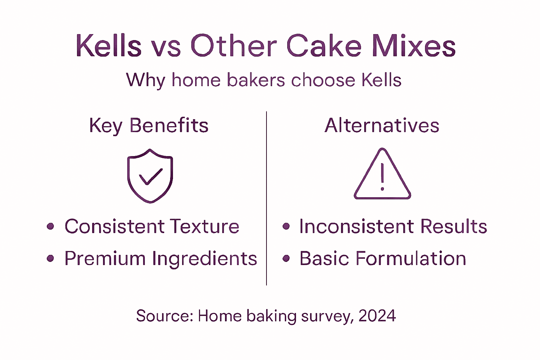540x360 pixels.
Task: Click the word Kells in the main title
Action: click(109, 46)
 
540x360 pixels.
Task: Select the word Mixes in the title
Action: click(414, 46)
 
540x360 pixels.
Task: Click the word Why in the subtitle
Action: click(145, 80)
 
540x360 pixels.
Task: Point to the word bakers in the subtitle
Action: click(256, 80)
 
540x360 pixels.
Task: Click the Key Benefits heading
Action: click(149, 126)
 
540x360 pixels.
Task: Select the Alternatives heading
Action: click(382, 126)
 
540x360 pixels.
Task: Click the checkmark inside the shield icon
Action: click(150, 176)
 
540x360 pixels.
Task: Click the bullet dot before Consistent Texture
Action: click(51, 226)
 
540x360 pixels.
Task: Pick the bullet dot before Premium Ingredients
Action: click(51, 259)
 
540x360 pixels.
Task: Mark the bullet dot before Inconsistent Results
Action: click(286, 226)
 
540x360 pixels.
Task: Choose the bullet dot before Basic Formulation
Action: click(286, 259)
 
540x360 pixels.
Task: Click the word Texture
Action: click(205, 226)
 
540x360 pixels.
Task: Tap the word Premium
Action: click(105, 259)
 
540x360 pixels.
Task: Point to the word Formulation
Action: click(411, 259)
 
